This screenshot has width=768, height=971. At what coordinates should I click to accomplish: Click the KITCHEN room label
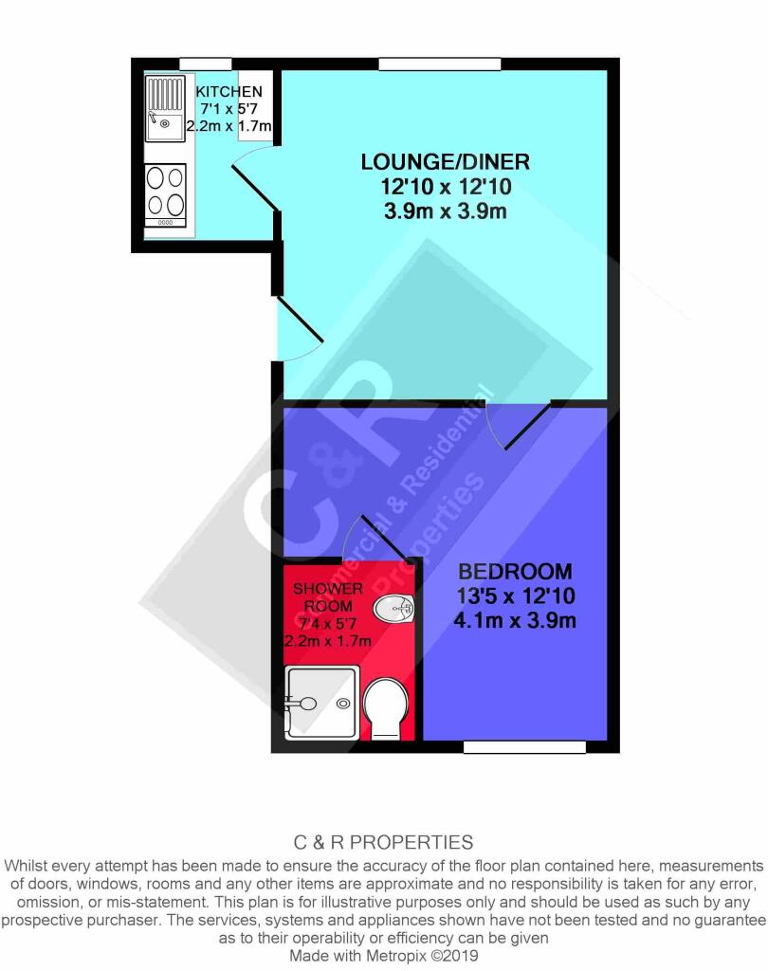point(229,92)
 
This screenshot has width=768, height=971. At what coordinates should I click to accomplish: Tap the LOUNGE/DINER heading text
point(446,162)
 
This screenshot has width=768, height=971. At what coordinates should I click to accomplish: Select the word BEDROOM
point(515,571)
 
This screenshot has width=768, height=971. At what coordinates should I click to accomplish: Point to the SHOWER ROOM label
point(328,597)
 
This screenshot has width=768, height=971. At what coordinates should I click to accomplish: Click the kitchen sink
point(165,108)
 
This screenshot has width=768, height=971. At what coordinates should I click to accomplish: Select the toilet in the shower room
point(386,708)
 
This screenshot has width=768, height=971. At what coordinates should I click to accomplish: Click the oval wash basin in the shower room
point(393,608)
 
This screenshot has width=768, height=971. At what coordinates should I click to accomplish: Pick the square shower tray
point(321,703)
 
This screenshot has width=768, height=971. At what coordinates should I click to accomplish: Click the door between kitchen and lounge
point(254,186)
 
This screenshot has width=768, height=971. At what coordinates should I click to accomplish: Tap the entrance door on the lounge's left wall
point(300,328)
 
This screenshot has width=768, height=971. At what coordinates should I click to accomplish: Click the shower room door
point(375,537)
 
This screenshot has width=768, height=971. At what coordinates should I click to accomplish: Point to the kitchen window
point(206,64)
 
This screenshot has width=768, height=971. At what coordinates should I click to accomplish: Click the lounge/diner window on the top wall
point(440,64)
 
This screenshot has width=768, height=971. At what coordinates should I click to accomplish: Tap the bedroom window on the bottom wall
point(524,747)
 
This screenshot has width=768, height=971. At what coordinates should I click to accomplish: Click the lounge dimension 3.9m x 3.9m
point(446,211)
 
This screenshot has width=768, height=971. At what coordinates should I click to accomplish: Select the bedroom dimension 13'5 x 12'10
point(515,595)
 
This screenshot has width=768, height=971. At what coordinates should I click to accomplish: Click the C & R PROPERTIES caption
point(383,842)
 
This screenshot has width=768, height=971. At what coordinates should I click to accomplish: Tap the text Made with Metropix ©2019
point(384,956)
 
